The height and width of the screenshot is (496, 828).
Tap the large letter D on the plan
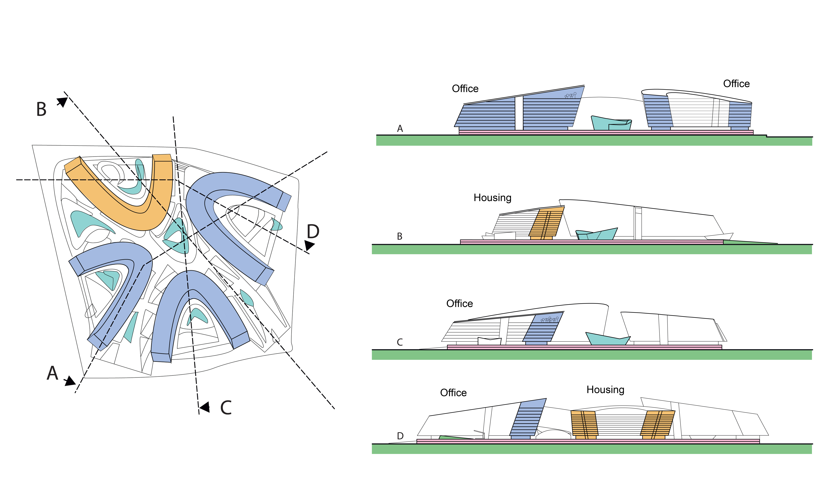pyautogui.click(x=313, y=231)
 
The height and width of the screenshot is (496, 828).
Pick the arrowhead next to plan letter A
pyautogui.click(x=70, y=381)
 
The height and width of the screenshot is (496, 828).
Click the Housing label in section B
pyautogui.click(x=492, y=198)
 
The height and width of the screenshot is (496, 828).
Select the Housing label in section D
pyautogui.click(x=605, y=390)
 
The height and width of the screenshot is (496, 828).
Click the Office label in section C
pyautogui.click(x=460, y=303)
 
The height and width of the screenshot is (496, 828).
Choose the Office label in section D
pyautogui.click(x=453, y=393)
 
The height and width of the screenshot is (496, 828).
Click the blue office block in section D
pyautogui.click(x=527, y=419)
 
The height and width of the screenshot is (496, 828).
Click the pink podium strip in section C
pyautogui.click(x=584, y=347)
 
